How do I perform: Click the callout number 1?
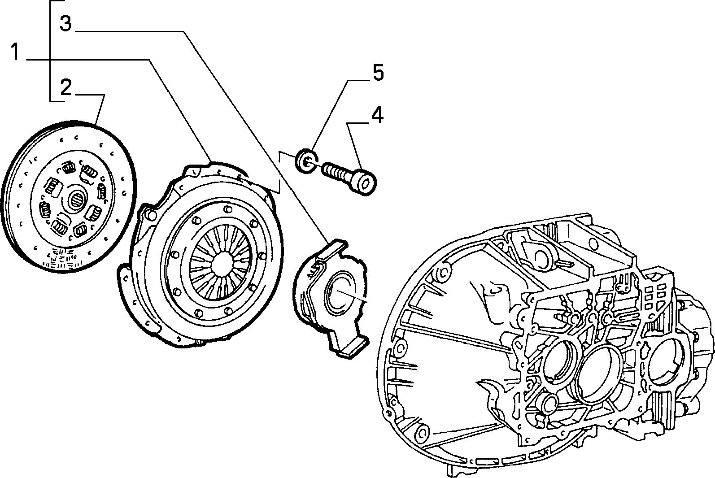point(15,52)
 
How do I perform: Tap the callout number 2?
point(66,87)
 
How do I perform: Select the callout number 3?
point(66,24)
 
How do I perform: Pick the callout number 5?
point(378,73)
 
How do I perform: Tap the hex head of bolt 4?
point(366,183)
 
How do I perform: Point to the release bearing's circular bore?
point(340,293)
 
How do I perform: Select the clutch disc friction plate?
point(69,196)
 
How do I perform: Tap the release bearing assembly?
point(331,299)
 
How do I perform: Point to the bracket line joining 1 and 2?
point(50,51)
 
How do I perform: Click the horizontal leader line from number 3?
point(130,31)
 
